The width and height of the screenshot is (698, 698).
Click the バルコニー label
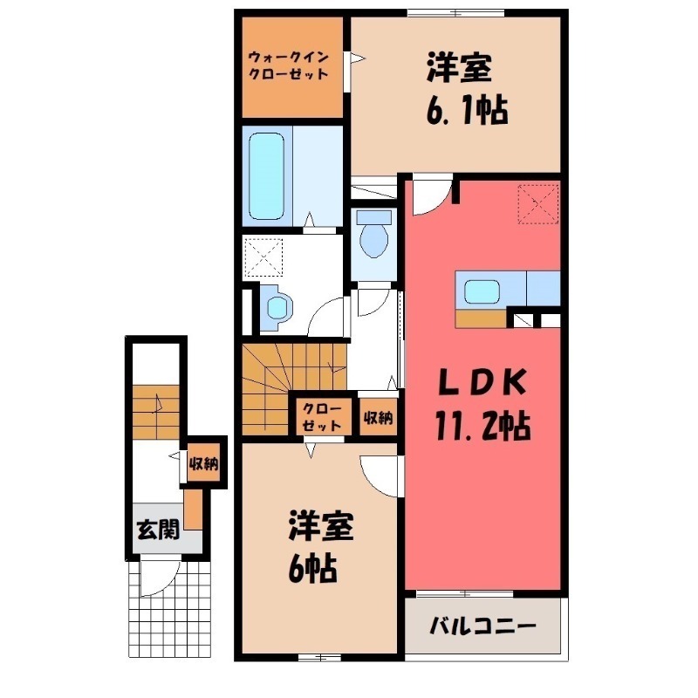point(482,626)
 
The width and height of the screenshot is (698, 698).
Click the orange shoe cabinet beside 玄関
point(194,511)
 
